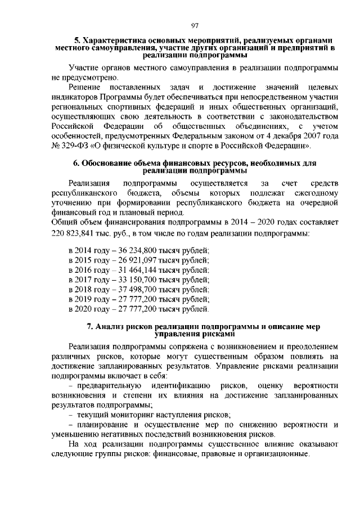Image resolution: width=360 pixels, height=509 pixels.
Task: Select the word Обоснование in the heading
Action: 106,164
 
